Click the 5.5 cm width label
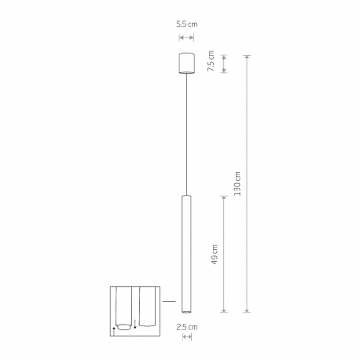pos(186,24)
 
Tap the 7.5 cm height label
pos(211,61)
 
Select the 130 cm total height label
pos(237,184)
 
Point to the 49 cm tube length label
pos(214,255)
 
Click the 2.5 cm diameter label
pos(187,327)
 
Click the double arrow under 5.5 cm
pos(186,38)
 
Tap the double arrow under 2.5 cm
pos(187,336)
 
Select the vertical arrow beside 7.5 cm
pos(224,64)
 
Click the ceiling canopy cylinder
pos(186,64)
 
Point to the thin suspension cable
pos(186,134)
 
